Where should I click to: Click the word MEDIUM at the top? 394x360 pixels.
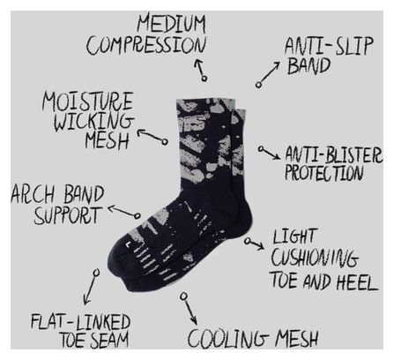(171, 24)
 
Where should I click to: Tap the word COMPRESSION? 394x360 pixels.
(146, 45)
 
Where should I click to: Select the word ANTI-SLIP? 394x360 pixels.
(329, 46)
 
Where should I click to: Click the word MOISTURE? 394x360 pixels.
(87, 101)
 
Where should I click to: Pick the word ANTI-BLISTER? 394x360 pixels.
(334, 154)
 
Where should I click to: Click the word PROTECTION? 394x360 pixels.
(324, 172)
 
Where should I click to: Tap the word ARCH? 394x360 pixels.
(33, 194)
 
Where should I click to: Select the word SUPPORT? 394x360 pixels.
(68, 215)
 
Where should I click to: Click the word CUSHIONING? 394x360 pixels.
(315, 259)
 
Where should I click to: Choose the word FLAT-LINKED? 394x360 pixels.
(81, 322)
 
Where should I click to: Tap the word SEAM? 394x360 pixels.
(109, 340)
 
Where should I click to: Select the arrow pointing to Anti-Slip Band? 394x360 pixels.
(268, 74)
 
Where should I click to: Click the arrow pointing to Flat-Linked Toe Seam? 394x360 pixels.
(90, 287)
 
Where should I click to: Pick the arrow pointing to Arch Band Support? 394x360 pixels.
(124, 212)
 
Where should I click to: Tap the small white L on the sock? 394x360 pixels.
(128, 244)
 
